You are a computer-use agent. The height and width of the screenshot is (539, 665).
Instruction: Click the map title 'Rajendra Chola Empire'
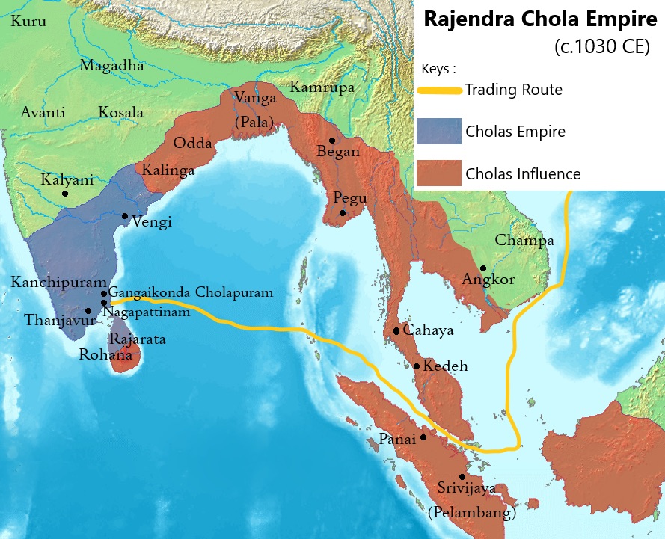[x=539, y=19]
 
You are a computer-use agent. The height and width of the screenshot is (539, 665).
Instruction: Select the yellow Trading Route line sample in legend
[x=440, y=90]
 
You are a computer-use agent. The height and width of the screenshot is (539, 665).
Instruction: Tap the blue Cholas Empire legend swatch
[x=440, y=132]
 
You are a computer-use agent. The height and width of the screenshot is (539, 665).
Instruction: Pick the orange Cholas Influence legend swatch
[x=440, y=174]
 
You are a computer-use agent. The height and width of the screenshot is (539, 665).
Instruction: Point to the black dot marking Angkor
[x=484, y=268]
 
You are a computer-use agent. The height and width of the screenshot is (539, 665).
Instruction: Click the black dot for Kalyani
[x=65, y=194]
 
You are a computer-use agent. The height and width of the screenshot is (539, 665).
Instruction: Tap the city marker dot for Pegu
[x=343, y=213]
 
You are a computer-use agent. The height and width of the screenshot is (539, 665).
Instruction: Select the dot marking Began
[x=331, y=140]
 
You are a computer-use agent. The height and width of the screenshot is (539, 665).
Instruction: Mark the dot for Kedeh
[x=417, y=366]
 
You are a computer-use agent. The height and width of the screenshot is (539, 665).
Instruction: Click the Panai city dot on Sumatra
[x=423, y=437]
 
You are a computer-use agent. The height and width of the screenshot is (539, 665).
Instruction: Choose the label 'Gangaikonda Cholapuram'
[x=191, y=292]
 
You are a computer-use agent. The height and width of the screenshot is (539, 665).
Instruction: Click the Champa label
[x=524, y=241]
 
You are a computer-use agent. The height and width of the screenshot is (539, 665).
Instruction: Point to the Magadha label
[x=111, y=65]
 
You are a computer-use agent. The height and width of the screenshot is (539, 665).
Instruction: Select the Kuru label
[x=28, y=22]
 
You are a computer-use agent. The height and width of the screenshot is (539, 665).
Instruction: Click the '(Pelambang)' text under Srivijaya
[x=471, y=514]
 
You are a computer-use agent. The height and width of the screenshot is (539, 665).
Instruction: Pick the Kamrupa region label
[x=322, y=87]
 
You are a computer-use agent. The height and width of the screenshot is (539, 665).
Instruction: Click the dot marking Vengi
[x=125, y=216]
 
